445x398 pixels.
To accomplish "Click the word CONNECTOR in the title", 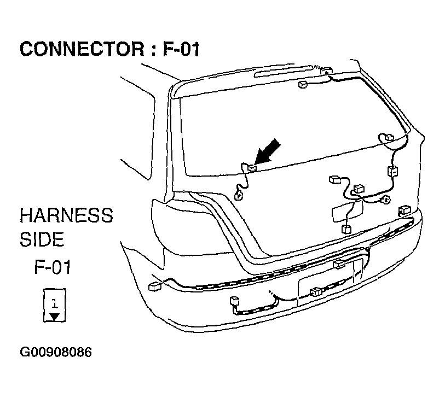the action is (82, 49).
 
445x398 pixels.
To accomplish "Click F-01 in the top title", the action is (181, 49).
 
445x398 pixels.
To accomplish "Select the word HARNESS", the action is (66, 215).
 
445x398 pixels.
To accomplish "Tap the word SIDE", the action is (42, 239).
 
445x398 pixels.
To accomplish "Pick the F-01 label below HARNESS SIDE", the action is (53, 267).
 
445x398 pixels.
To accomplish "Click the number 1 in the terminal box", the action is (55, 303).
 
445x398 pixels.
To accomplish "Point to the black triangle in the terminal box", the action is (55, 317).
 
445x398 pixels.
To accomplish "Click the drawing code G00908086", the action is (56, 353).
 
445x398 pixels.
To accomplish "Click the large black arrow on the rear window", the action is (267, 152).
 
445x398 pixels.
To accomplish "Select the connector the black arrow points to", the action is (252, 168).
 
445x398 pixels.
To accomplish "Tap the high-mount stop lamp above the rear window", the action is (284, 71).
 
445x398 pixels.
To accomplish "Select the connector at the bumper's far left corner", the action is (155, 286).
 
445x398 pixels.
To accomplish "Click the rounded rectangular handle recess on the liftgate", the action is (348, 211).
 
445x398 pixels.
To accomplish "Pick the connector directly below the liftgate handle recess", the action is (346, 229).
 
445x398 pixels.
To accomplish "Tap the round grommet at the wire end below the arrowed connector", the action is (239, 196).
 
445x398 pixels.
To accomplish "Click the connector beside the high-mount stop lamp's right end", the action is (326, 71).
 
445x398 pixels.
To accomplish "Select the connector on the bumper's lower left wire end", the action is (235, 301).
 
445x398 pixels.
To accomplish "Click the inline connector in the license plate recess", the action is (316, 292).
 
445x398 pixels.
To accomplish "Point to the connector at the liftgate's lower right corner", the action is (404, 210).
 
